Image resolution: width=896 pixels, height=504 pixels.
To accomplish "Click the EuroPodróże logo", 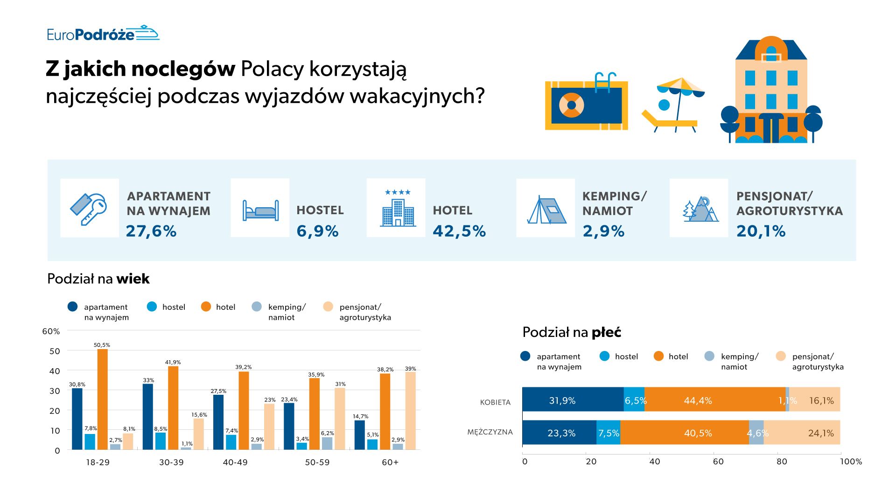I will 103,34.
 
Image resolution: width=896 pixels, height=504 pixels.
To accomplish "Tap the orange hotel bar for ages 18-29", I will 102,399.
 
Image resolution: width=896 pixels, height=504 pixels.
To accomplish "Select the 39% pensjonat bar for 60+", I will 410,411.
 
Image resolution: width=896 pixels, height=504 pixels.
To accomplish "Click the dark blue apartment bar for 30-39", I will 148,417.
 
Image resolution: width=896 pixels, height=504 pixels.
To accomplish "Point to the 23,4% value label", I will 289,399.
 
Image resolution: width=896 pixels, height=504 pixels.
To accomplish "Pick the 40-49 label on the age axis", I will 235,462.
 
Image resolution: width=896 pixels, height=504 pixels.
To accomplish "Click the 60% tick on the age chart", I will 51,331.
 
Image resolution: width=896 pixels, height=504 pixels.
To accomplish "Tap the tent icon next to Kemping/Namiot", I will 546,209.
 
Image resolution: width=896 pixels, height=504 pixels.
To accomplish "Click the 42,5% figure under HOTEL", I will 459,231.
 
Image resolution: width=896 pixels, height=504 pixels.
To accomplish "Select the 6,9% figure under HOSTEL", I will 317,231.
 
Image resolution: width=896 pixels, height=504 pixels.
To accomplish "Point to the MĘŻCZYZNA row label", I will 490,432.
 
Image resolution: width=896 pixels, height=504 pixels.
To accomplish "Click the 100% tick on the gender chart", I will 851,462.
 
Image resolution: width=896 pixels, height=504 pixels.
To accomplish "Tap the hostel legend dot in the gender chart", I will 604,357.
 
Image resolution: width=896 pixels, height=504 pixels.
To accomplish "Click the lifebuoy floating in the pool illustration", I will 571,105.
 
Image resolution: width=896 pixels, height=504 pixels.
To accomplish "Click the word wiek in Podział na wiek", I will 133,279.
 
